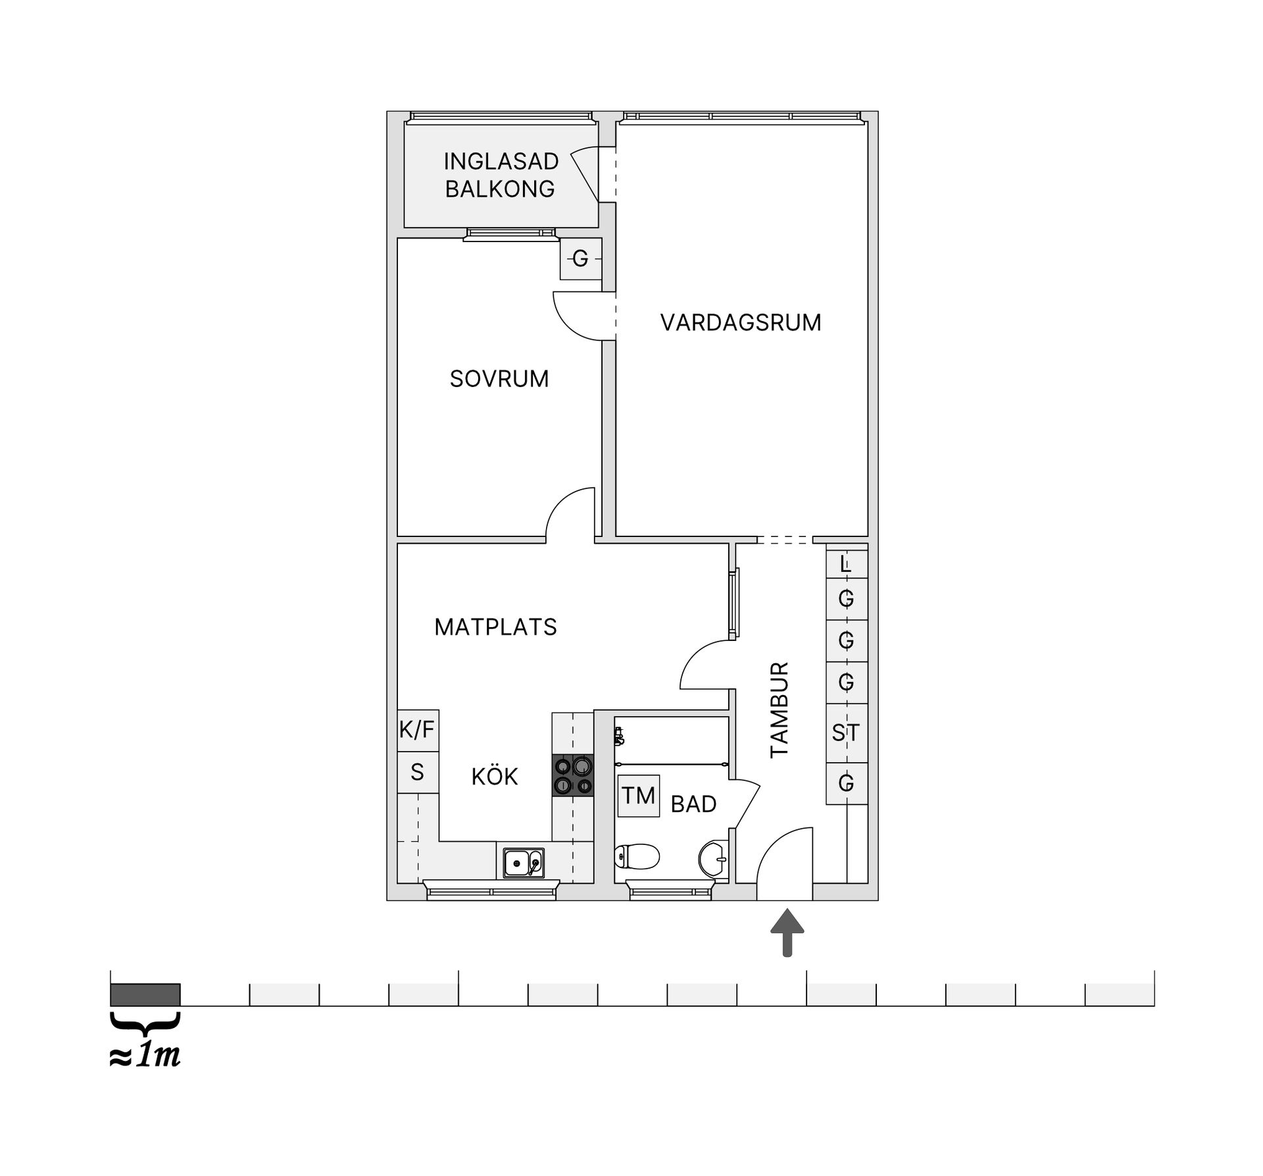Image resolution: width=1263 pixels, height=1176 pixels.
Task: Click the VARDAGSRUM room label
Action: (x=741, y=322)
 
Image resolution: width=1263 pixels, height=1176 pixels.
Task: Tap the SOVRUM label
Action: (x=499, y=379)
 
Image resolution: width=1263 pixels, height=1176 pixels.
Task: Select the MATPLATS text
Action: (x=495, y=627)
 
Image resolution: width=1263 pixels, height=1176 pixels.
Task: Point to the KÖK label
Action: (x=495, y=777)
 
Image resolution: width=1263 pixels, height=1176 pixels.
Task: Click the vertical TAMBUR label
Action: (x=780, y=710)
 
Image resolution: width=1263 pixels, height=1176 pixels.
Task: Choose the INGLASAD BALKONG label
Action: (x=501, y=175)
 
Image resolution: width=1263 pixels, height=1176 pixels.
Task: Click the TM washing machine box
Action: (x=639, y=796)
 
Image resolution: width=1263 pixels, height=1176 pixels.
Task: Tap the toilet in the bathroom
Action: (x=637, y=856)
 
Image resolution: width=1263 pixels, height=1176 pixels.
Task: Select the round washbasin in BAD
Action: (x=713, y=858)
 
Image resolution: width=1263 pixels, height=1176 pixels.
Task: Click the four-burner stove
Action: (x=573, y=776)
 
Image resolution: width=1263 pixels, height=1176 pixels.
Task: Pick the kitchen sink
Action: (x=524, y=863)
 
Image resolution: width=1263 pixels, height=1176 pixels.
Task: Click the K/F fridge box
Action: (x=418, y=730)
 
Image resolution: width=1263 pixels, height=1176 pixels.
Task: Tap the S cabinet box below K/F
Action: (x=418, y=772)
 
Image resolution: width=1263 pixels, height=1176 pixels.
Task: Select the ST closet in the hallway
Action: (x=847, y=732)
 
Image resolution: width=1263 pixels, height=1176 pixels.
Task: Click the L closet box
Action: (x=847, y=564)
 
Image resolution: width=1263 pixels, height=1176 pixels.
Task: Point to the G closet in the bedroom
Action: (x=581, y=259)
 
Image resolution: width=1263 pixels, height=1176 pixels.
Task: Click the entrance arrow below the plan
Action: (x=787, y=931)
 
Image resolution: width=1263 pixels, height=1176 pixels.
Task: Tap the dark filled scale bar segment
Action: (x=145, y=994)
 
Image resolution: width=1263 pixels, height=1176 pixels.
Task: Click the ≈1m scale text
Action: (x=145, y=1056)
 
